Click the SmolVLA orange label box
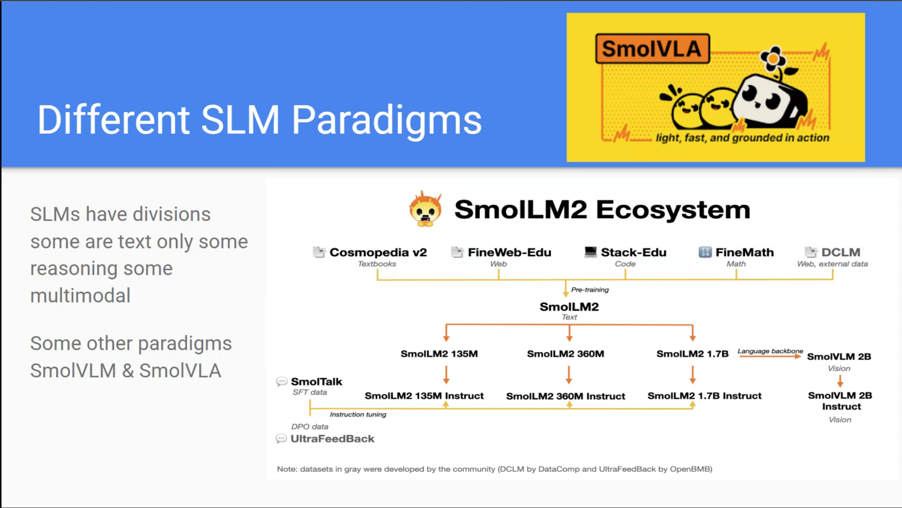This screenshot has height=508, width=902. click(652, 49)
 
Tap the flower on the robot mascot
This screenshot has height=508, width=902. click(773, 59)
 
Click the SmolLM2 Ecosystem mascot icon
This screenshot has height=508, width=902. click(425, 209)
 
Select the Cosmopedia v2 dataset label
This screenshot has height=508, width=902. click(378, 252)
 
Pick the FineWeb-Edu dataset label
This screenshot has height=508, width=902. click(509, 252)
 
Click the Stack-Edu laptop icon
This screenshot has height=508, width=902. click(590, 252)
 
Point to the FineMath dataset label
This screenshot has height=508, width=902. click(744, 252)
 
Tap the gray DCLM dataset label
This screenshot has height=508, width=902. click(840, 252)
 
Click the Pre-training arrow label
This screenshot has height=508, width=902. click(590, 289)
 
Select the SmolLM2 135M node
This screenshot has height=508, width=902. click(439, 354)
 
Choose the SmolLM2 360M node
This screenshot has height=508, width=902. click(565, 354)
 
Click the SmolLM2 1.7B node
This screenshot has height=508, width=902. click(692, 354)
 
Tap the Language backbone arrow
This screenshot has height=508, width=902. click(769, 356)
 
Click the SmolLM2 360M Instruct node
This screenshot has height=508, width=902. click(565, 396)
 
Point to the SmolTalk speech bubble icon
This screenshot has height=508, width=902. click(281, 382)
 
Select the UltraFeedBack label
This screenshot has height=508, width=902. click(332, 439)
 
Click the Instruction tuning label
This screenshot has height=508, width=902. click(358, 414)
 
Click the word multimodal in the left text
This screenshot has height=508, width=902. click(80, 295)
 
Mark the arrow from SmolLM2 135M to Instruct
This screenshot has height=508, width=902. click(446, 375)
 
